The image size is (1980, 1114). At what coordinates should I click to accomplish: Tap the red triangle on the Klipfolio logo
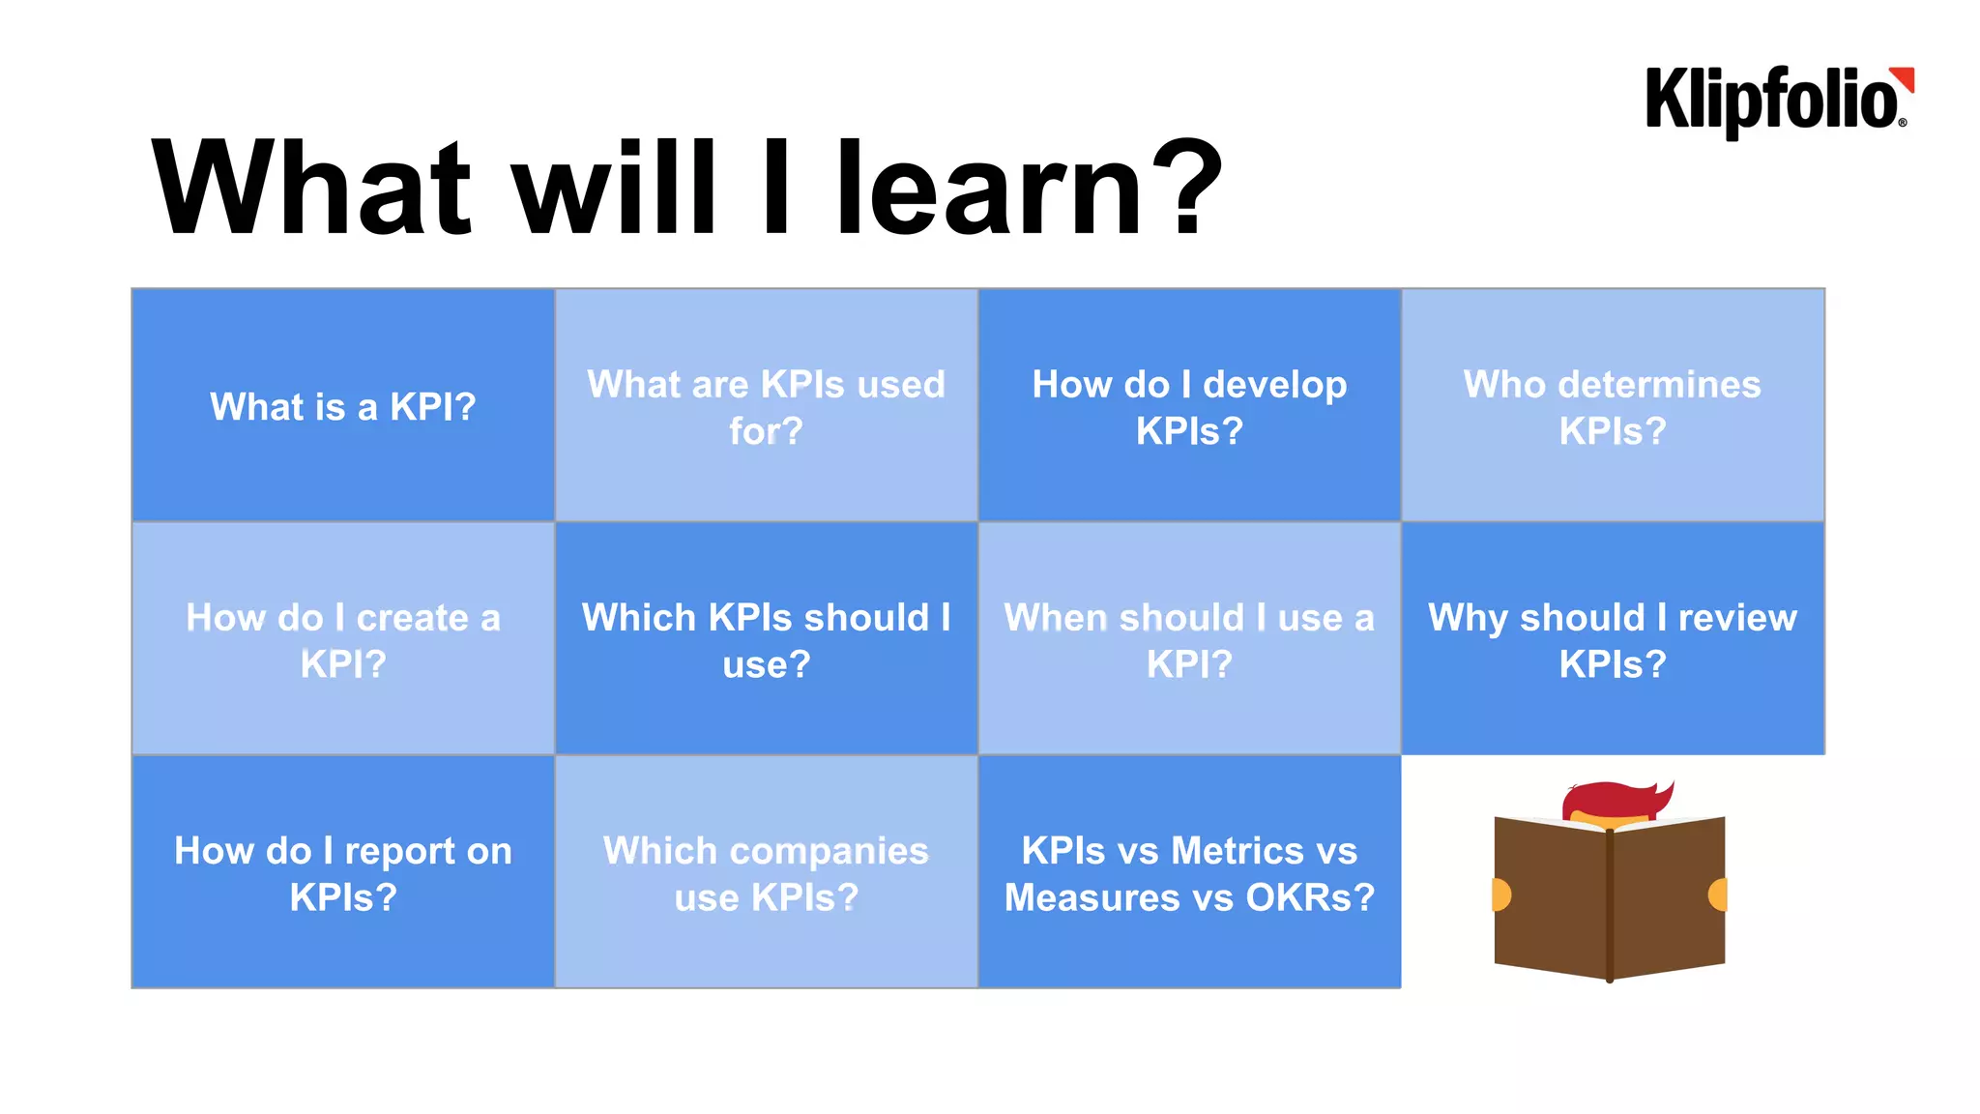(1904, 78)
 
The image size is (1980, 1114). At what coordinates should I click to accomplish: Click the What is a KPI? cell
(343, 406)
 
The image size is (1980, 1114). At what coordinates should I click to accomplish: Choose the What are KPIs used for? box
(766, 406)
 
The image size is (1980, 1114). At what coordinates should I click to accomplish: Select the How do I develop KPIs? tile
(1189, 406)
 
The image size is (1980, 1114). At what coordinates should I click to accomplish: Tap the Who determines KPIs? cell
(1613, 406)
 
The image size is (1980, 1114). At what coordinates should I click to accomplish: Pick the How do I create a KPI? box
(343, 639)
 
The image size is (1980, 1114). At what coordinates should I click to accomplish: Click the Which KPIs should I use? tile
(766, 639)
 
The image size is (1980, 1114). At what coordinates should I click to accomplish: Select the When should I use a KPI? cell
(1189, 639)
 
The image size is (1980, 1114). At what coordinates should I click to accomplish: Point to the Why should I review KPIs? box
(1613, 639)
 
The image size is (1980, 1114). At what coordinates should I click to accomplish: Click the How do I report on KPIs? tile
(343, 872)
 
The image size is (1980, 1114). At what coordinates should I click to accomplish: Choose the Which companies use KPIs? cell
(766, 872)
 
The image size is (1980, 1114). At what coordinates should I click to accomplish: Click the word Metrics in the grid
(1237, 851)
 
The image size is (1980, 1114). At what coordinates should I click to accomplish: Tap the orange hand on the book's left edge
(1500, 894)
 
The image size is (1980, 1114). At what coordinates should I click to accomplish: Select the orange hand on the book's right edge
(1718, 894)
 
